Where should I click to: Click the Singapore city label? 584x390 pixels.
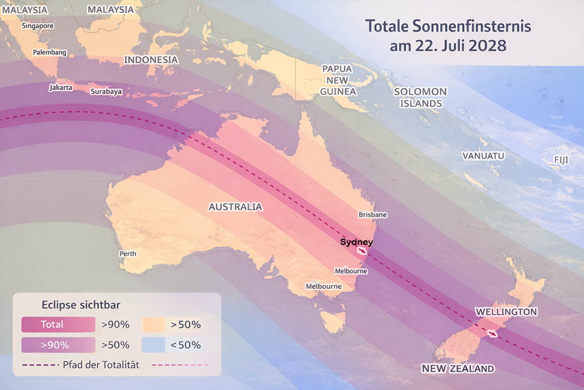point(38,26)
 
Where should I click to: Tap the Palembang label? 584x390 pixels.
point(50,52)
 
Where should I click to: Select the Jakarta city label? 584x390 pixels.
point(61,87)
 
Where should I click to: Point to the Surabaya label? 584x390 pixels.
point(106,91)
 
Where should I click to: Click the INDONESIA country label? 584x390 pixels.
point(151,60)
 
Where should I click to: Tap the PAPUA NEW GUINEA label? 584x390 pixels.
point(338,80)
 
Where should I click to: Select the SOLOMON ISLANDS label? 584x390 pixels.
point(420,97)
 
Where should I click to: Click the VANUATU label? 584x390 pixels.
point(483,156)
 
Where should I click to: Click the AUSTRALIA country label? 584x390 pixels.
point(235,207)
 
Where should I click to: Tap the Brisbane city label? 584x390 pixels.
point(373,215)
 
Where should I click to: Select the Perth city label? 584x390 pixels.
point(128,254)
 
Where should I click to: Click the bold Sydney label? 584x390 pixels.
point(356,241)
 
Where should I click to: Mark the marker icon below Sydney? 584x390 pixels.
point(363,251)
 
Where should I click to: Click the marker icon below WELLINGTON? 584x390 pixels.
point(492,334)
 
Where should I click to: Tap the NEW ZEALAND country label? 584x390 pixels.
point(458,368)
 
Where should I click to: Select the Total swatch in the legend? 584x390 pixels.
point(58,324)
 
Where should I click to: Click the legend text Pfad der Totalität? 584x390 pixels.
point(100,365)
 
